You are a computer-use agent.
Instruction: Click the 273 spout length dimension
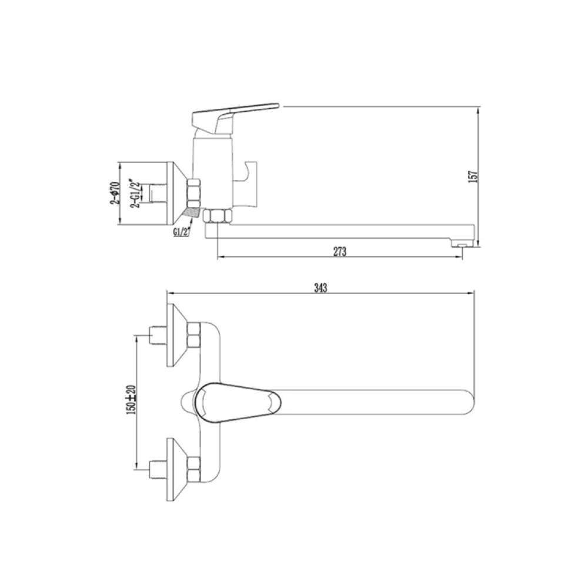(x=340, y=252)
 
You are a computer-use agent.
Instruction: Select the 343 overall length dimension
(x=320, y=288)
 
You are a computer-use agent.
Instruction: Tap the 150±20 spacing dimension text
(x=131, y=399)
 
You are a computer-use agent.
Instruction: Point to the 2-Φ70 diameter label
(x=115, y=193)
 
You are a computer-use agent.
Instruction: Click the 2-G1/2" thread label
(x=135, y=193)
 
